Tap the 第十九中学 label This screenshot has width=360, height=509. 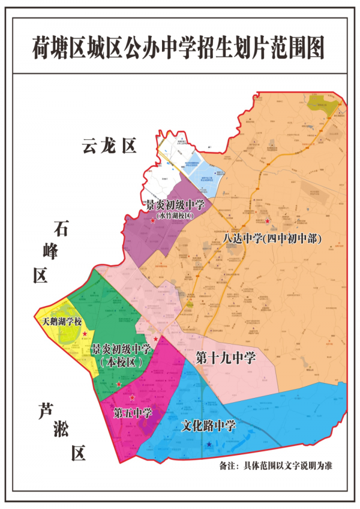tap(226, 358)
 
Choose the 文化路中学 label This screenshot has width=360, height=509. tap(209, 426)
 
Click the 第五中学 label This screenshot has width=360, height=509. tap(133, 414)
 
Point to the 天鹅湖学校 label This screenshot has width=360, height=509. tap(61, 322)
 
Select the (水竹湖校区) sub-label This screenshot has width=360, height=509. tap(175, 214)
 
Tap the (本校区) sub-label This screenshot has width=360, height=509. tap(121, 362)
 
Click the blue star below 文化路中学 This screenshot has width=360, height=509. tap(208, 445)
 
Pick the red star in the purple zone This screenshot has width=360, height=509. tap(153, 221)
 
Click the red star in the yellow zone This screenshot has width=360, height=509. tap(85, 333)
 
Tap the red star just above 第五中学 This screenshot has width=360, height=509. tap(132, 398)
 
